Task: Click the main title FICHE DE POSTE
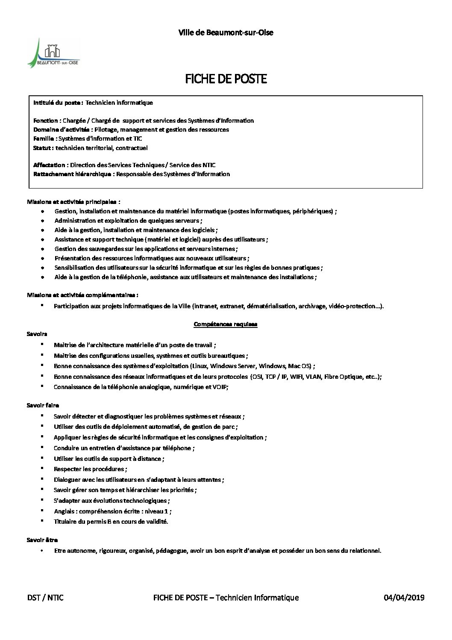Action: pyautogui.click(x=226, y=80)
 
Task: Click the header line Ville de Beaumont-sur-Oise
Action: pyautogui.click(x=226, y=32)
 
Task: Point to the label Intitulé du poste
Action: pyautogui.click(x=58, y=103)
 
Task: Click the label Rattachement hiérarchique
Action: pyautogui.click(x=73, y=174)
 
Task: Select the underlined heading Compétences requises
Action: pyautogui.click(x=226, y=324)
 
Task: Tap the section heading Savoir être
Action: pyautogui.click(x=42, y=540)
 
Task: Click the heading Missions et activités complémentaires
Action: pyautogui.click(x=82, y=295)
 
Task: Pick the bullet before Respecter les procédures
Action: pyautogui.click(x=43, y=469)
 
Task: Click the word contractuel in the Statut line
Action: pyautogui.click(x=133, y=148)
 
